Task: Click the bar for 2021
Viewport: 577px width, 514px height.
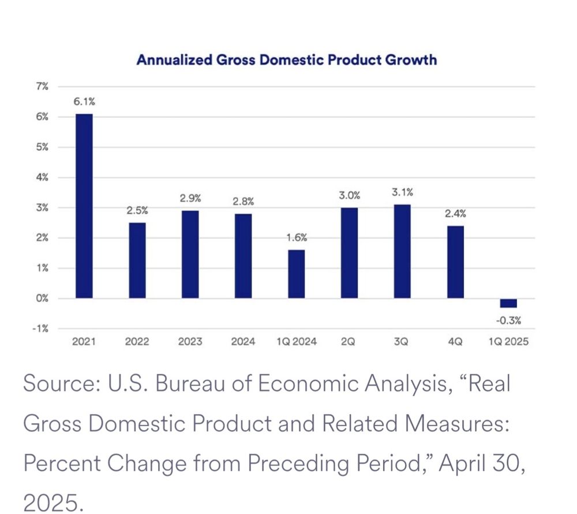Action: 84,206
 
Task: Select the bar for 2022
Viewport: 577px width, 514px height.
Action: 137,260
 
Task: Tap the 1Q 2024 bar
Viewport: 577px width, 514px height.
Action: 297,274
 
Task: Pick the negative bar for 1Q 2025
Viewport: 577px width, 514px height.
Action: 508,303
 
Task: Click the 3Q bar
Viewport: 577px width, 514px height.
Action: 402,252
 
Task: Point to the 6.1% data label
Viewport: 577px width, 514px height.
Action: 84,102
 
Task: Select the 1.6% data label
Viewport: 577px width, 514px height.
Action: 297,237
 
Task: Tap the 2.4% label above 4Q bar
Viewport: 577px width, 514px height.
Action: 455,213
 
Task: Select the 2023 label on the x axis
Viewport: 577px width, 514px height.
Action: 190,342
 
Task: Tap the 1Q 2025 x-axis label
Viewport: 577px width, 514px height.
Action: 508,342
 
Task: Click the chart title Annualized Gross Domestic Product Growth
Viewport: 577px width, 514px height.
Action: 287,59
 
